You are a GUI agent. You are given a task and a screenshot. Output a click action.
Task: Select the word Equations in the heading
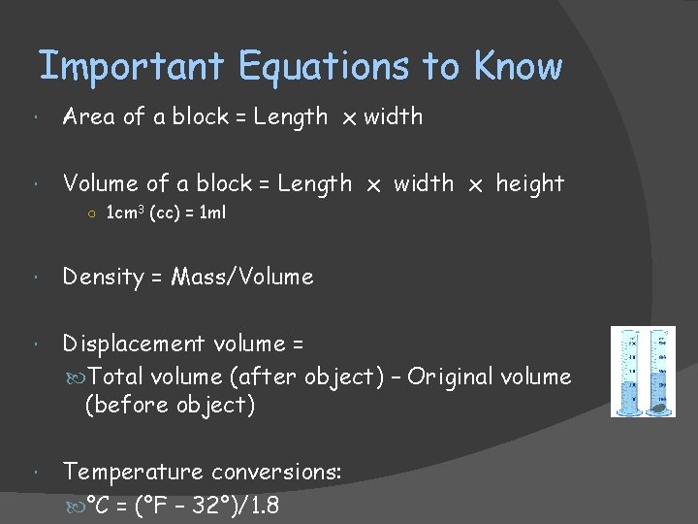coord(324,66)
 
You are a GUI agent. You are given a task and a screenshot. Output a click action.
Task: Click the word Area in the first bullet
coord(88,116)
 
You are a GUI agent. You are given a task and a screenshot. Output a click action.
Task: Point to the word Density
coord(103,278)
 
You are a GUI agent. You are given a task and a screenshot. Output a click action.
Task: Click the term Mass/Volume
coord(242,278)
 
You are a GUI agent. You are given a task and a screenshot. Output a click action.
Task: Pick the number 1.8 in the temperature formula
coord(261,506)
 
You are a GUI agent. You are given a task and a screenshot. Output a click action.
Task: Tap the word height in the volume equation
coord(529,183)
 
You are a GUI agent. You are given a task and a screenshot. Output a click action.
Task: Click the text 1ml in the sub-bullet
coord(211,213)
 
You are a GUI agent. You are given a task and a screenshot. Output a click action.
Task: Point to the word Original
coord(448,377)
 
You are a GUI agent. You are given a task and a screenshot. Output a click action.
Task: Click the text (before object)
coord(171,405)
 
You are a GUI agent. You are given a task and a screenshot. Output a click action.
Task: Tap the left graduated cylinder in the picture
coord(632,372)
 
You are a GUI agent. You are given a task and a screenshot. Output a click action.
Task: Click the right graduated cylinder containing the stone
coord(660,372)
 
